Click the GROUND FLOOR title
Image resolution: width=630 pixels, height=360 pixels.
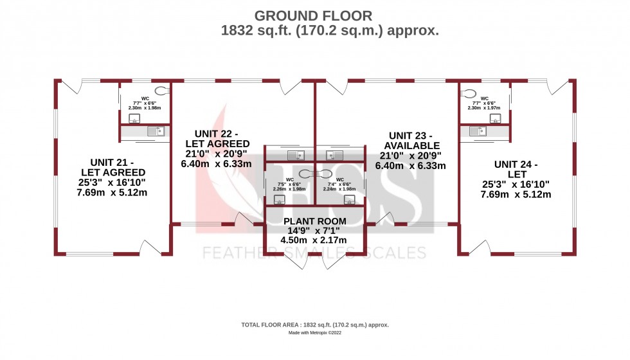pyautogui.click(x=313, y=15)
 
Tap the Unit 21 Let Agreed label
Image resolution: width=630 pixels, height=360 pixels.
pyautogui.click(x=113, y=173)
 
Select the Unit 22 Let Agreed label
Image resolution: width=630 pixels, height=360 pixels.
pyautogui.click(x=217, y=152)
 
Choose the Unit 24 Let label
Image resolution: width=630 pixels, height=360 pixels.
pyautogui.click(x=516, y=179)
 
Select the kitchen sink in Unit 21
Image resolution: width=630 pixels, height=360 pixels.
pyautogui.click(x=155, y=131)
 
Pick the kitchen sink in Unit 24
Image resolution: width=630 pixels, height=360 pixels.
pyautogui.click(x=477, y=131)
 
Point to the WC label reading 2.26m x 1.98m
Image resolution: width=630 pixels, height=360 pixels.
pyautogui.click(x=290, y=184)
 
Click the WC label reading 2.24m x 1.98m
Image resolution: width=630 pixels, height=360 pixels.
pyautogui.click(x=341, y=184)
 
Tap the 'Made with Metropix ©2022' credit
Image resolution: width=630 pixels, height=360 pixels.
pyautogui.click(x=314, y=334)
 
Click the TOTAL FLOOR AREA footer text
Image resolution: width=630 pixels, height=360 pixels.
pyautogui.click(x=314, y=325)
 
